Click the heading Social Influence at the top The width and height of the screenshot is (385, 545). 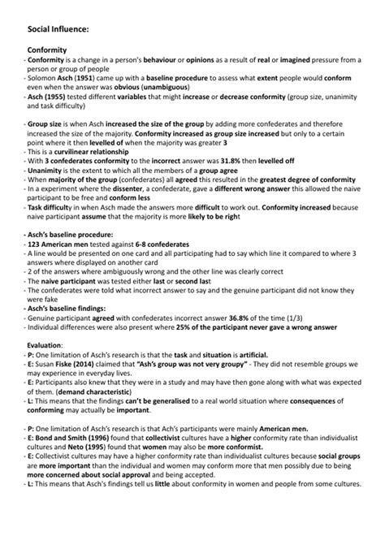(58, 29)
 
